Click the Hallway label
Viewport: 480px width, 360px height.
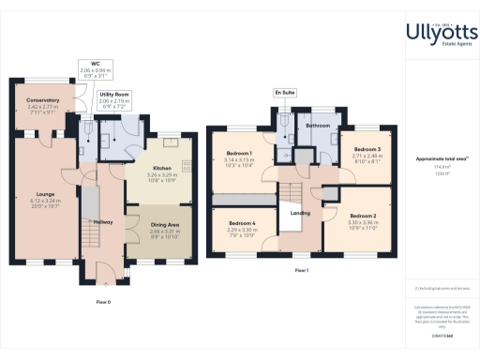[103, 221]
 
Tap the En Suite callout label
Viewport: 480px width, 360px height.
[283, 93]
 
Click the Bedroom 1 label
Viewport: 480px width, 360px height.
[241, 152]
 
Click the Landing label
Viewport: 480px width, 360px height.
[300, 213]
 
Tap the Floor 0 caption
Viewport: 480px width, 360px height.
[103, 302]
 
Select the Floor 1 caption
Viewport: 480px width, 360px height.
[301, 269]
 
